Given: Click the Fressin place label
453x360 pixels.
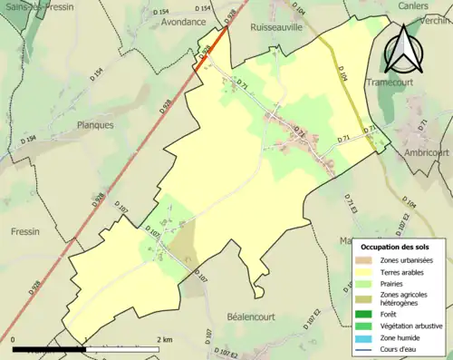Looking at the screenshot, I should pos(24,231).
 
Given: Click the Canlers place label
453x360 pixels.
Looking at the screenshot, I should pos(412,5).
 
